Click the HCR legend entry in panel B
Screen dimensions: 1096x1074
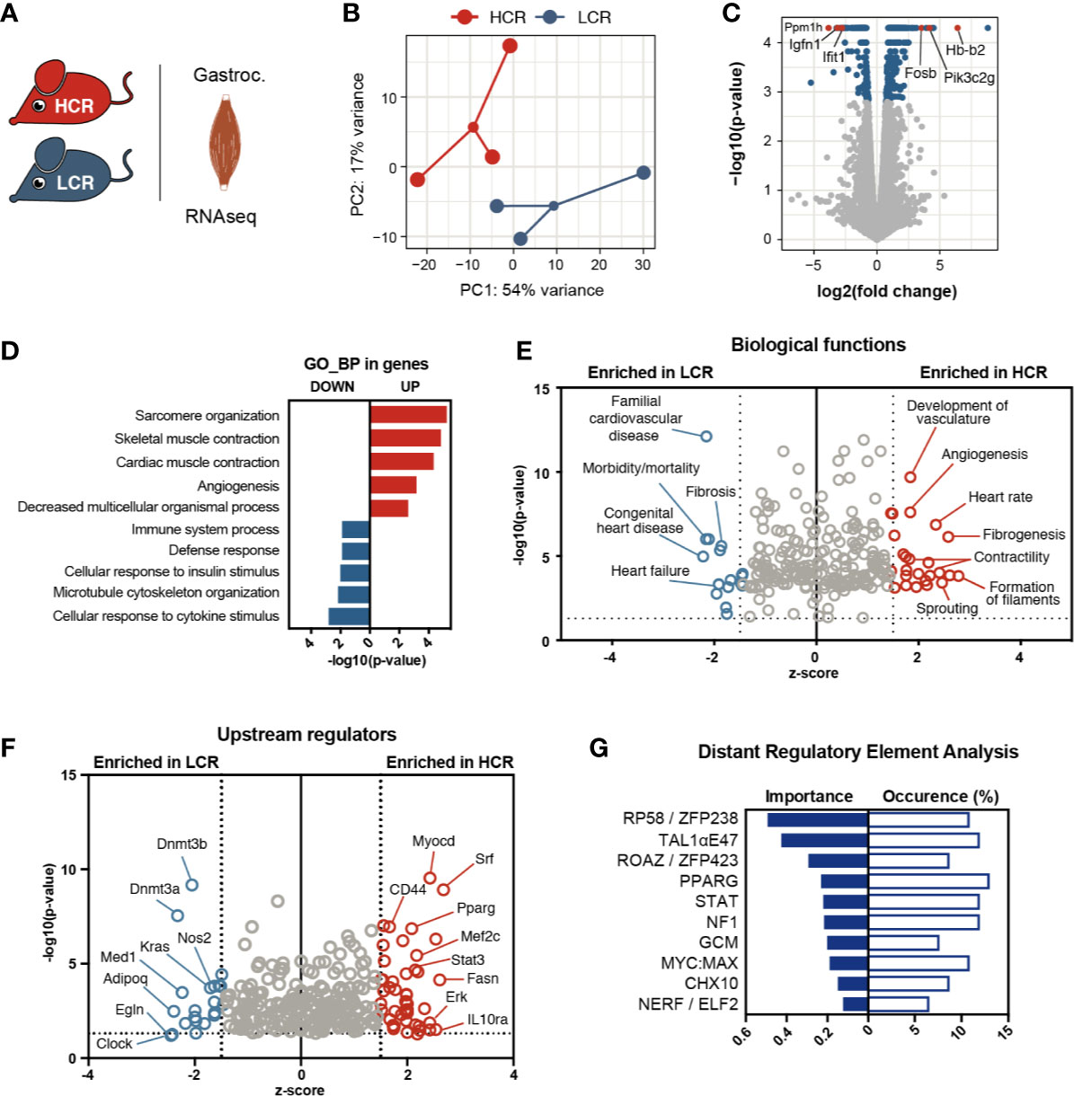coord(490,17)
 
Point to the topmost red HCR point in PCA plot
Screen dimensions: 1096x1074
coord(510,46)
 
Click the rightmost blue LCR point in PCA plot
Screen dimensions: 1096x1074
coord(643,172)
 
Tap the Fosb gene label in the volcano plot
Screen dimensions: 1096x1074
coord(919,73)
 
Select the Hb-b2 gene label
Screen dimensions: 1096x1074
coord(964,50)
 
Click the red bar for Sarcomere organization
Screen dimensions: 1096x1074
coord(408,415)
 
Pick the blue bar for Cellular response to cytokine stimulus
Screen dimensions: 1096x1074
coord(349,616)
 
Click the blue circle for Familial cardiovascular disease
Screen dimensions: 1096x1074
coord(706,436)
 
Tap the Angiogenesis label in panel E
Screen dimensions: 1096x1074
coord(984,455)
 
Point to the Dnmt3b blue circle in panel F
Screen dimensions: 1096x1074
coord(191,885)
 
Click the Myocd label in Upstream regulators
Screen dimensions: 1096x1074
coord(433,841)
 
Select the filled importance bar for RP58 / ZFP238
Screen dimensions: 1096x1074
coord(817,819)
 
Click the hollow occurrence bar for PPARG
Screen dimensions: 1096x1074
coord(928,881)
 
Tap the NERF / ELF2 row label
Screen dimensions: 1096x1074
coord(688,1004)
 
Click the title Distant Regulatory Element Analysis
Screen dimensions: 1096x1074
coord(857,752)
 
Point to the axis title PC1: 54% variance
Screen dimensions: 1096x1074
coord(531,290)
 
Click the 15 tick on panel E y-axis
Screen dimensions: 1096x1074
coord(542,389)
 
